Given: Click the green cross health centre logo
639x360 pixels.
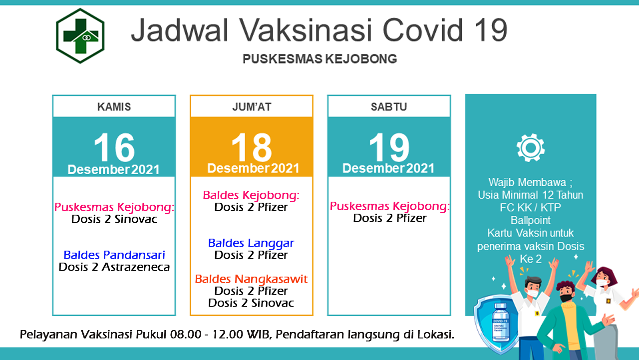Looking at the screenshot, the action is (x=80, y=35).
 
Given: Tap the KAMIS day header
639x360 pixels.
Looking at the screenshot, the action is (x=114, y=107).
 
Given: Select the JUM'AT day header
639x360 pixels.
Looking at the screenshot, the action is (x=252, y=107).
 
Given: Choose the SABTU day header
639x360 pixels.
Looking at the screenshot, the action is (x=389, y=107).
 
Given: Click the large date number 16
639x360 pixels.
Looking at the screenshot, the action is (x=114, y=147).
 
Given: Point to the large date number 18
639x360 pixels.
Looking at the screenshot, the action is (x=252, y=147).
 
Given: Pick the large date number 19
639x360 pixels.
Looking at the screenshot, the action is (x=389, y=147).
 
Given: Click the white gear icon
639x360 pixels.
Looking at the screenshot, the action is (x=531, y=148).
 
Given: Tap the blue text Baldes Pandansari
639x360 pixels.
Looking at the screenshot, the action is (x=114, y=255).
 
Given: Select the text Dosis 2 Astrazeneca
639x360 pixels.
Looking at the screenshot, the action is (x=114, y=267).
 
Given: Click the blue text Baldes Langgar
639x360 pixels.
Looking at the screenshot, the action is (x=251, y=243).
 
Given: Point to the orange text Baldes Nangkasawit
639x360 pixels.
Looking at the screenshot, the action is (x=251, y=279).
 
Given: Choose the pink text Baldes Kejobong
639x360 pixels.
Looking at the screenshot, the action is (x=251, y=195).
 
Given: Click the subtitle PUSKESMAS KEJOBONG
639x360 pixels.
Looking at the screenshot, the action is (x=320, y=59).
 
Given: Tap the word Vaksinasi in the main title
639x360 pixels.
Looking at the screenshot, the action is (x=306, y=30).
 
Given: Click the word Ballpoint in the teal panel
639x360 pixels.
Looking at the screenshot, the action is (x=531, y=220).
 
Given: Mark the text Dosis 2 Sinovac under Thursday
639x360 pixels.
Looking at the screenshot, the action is (x=114, y=219).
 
